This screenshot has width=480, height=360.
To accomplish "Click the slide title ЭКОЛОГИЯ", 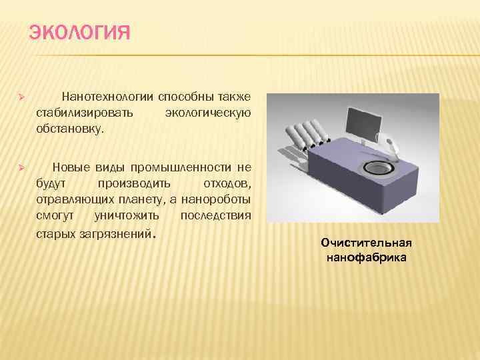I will pos(79,33).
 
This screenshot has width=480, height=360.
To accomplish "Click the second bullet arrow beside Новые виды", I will pos(21,169).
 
